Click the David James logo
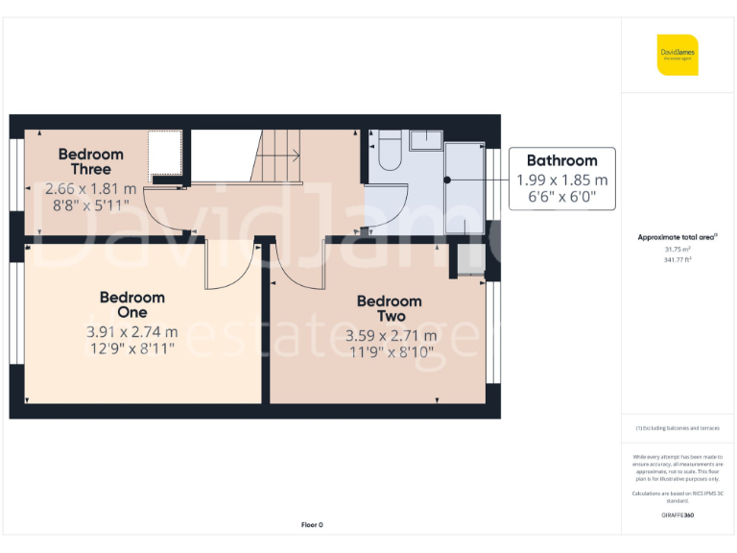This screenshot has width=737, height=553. [x=678, y=55]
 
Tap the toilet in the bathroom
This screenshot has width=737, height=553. [x=389, y=153]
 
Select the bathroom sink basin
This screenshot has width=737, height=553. [x=427, y=141]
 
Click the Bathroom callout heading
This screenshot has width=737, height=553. [x=561, y=160]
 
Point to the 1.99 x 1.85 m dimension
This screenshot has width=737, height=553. [x=561, y=180]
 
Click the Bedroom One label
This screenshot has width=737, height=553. [x=131, y=305]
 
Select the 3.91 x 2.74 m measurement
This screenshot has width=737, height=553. [x=131, y=332]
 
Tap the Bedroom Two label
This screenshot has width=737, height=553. [x=389, y=308]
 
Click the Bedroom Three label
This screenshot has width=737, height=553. [x=90, y=161]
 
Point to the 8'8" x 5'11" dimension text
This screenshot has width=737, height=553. [x=90, y=204]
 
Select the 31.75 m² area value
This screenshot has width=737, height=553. [x=678, y=249]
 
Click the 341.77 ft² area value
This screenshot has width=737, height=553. [x=678, y=259]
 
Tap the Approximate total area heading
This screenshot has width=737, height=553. [x=678, y=236]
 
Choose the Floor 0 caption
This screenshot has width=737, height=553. [x=312, y=524]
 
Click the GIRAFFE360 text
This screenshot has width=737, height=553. [x=678, y=516]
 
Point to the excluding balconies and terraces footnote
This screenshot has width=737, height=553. [x=678, y=428]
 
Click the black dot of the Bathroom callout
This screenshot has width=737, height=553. [x=446, y=180]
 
